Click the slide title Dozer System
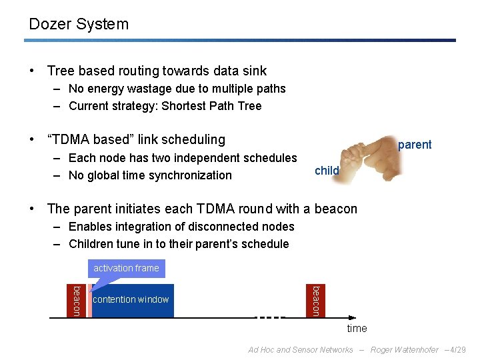click(79, 25)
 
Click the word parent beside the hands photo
click(415, 145)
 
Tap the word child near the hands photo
click(327, 171)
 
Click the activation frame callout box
click(126, 268)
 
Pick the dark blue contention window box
click(132, 300)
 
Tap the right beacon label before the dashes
click(317, 301)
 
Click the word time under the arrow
click(357, 329)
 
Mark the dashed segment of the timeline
click(270, 318)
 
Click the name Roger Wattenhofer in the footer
click(405, 350)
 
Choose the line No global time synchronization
click(150, 175)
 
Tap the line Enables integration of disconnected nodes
click(181, 227)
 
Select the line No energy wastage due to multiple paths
click(177, 89)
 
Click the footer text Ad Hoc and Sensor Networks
click(300, 350)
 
